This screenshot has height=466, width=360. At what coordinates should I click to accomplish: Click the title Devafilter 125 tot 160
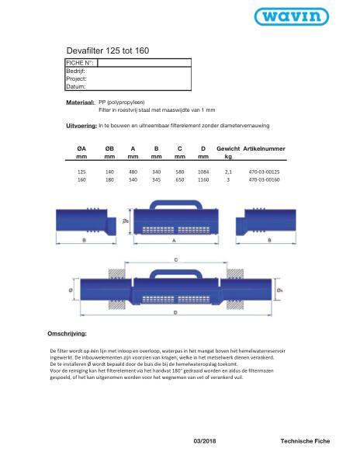107,50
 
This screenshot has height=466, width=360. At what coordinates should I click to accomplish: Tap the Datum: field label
76,86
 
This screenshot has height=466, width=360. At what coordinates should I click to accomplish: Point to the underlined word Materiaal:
81,102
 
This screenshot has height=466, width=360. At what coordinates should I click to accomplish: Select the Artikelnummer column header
265,148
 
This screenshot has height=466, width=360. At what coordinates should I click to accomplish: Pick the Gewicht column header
228,148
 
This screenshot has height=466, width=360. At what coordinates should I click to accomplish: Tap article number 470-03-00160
265,179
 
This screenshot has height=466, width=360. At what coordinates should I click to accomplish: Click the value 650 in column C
179,179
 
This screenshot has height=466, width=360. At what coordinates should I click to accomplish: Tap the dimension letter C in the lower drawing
178,259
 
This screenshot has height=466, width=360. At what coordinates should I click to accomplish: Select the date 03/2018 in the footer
206,440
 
